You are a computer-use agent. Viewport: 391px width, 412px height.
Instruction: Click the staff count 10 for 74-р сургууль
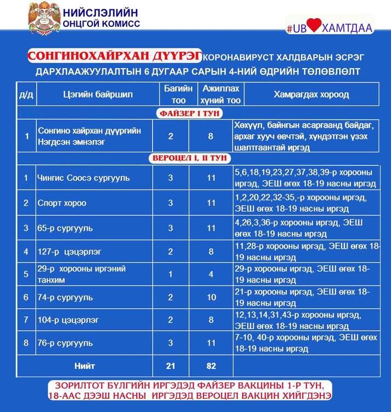[x=211, y=297]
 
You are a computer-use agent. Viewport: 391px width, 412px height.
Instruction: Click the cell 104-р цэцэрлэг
[x=68, y=320]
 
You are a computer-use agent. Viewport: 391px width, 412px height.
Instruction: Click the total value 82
[x=211, y=366]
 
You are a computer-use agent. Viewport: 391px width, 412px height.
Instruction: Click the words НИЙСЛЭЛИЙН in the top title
[x=104, y=12]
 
